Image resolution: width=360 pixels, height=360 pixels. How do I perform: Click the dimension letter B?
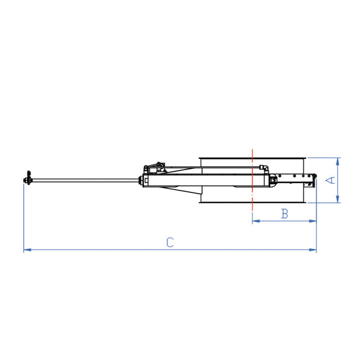click(x=284, y=214)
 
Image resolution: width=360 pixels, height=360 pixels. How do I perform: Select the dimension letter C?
click(x=169, y=243)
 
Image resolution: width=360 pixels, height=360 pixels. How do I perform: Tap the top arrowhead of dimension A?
click(x=338, y=160)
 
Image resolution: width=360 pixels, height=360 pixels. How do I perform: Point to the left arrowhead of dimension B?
click(x=254, y=220)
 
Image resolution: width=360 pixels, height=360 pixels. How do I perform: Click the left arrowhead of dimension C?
click(x=26, y=250)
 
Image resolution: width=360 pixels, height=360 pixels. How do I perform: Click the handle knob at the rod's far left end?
click(x=27, y=180)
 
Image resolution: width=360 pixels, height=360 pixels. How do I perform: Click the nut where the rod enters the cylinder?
click(x=137, y=181)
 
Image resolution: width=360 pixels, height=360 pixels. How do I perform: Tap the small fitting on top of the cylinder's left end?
click(x=160, y=166)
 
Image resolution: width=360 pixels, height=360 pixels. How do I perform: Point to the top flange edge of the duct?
click(x=251, y=158)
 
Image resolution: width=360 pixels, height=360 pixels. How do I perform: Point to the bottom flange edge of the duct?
click(x=251, y=202)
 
